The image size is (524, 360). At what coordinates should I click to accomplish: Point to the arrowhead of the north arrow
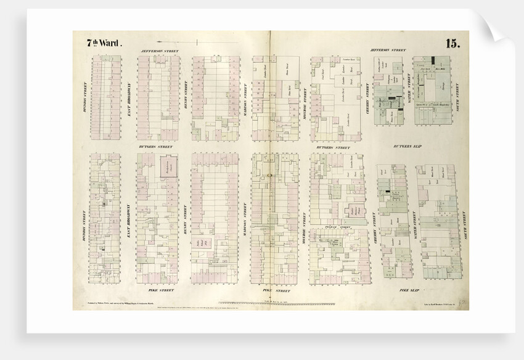click(196, 42)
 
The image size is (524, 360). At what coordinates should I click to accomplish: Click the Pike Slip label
click(409, 290)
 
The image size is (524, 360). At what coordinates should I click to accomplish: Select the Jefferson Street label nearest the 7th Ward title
click(159, 51)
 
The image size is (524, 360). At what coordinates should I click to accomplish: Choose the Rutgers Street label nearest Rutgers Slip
click(332, 147)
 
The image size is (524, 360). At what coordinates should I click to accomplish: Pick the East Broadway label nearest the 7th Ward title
click(129, 99)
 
